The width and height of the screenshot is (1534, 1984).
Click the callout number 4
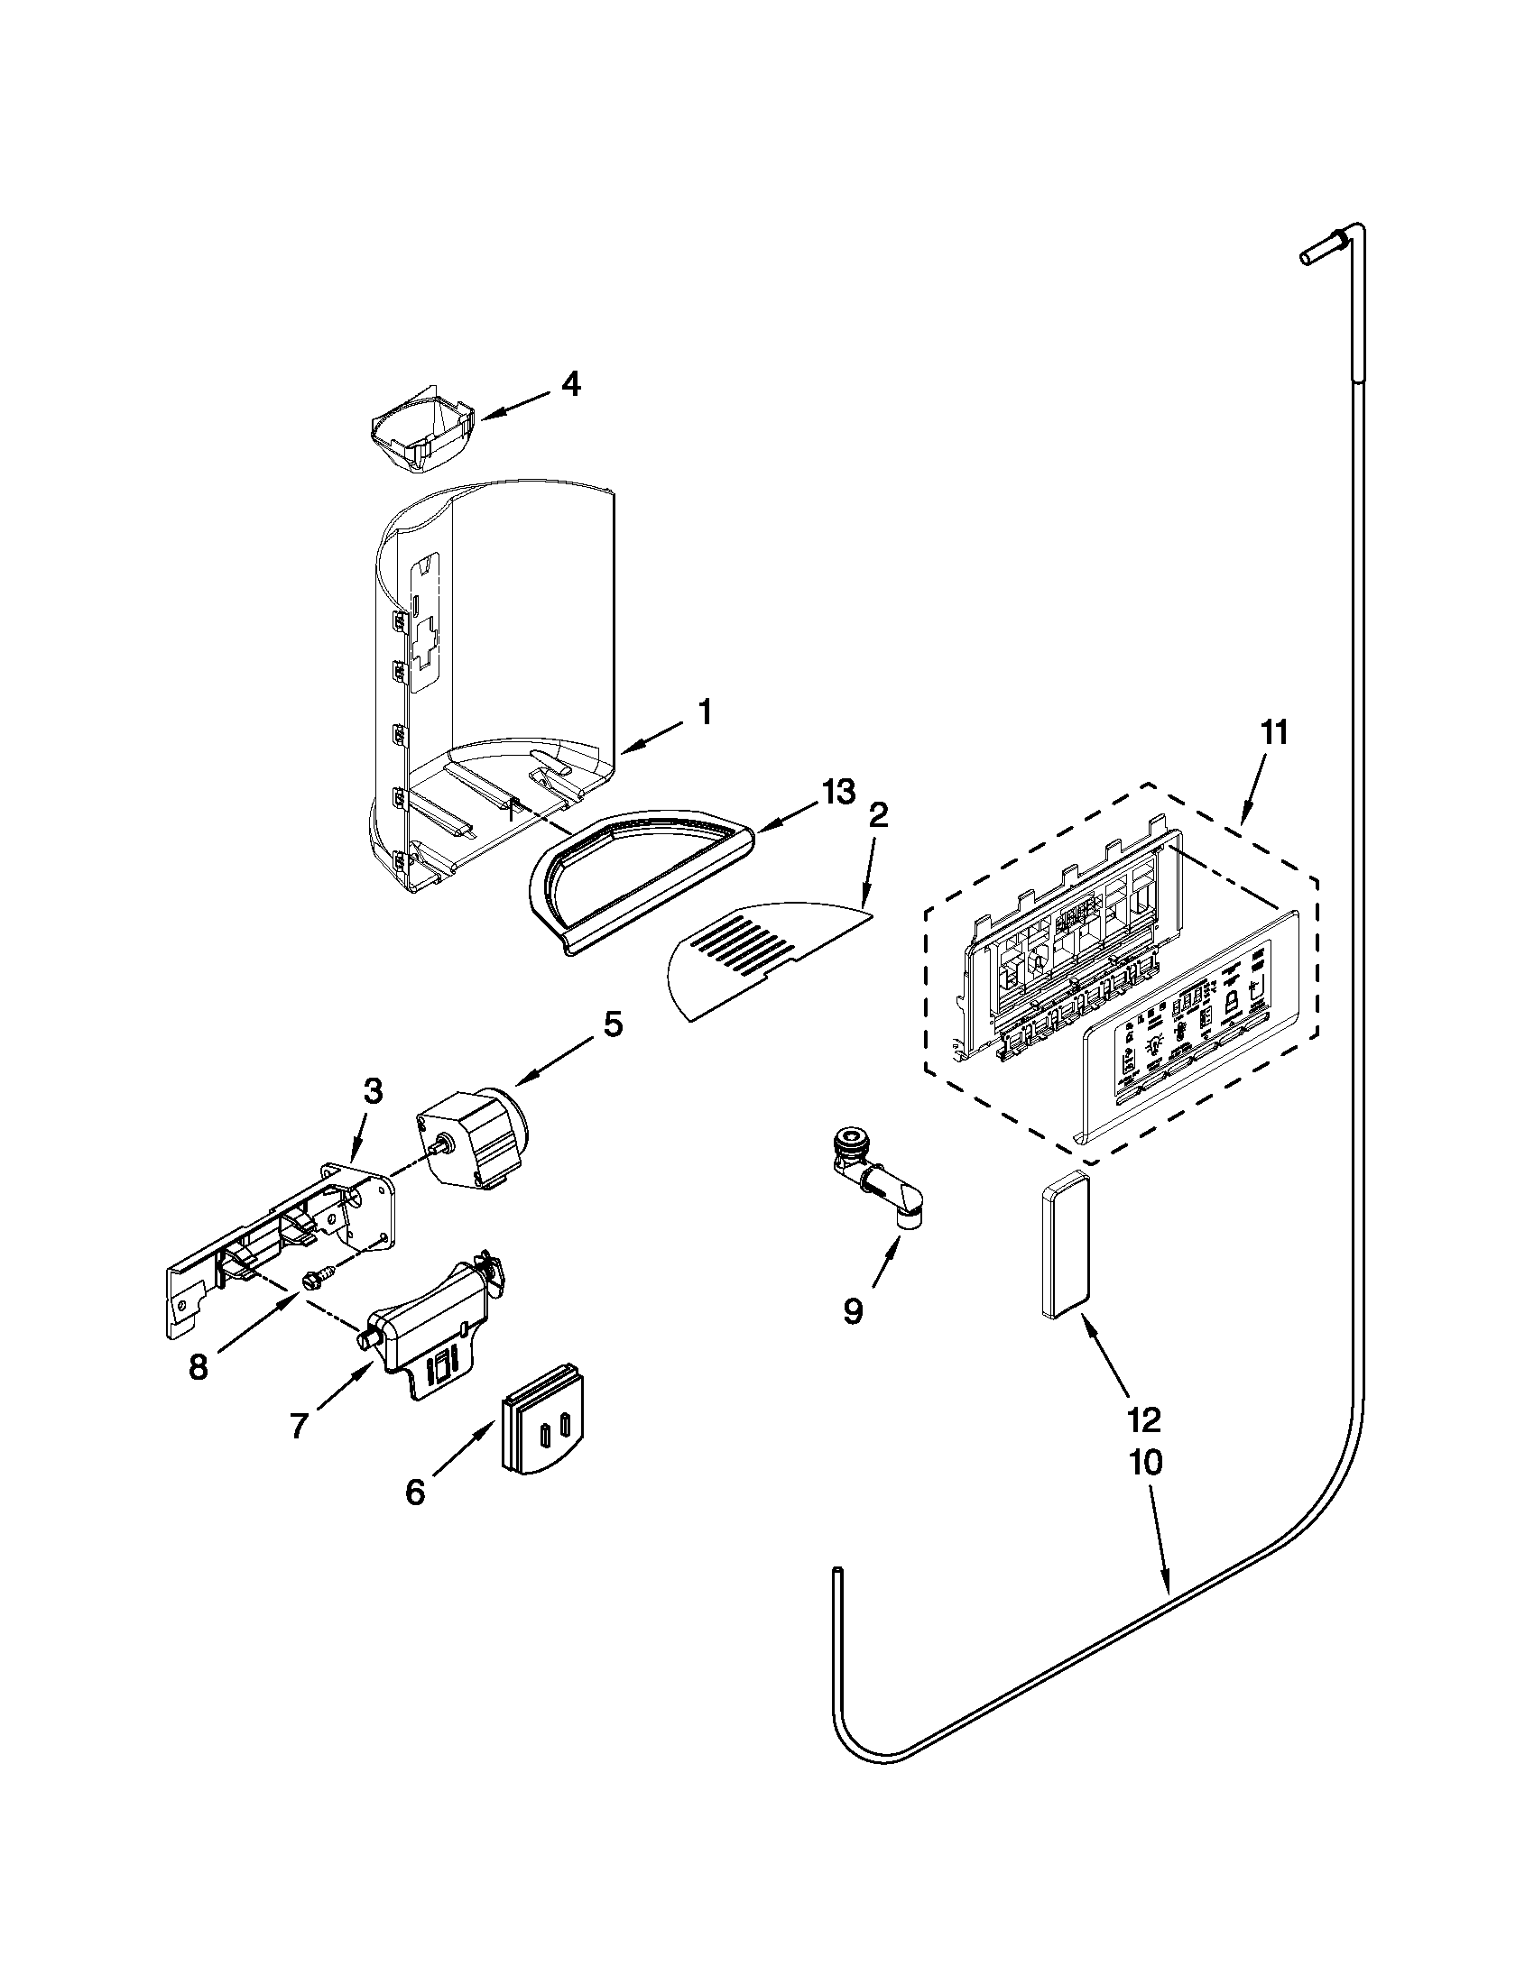click(569, 385)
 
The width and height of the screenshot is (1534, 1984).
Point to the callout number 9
click(852, 1312)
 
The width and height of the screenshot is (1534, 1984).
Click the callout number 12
click(1144, 1419)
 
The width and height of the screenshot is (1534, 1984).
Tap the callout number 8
click(199, 1367)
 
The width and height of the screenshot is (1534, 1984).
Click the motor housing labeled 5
click(473, 1135)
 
